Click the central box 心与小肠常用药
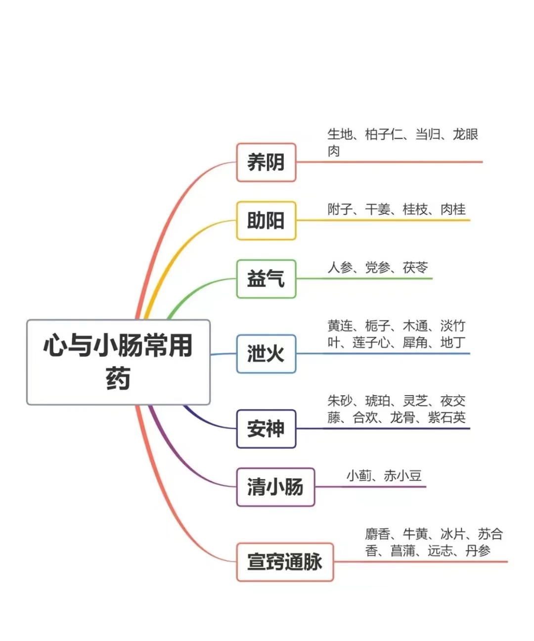point(118,362)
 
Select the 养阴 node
point(266,162)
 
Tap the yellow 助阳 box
point(266,221)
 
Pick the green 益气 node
point(266,279)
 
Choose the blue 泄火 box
point(266,354)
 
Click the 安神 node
point(266,429)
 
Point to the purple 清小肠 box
point(275,487)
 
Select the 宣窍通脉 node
point(285,562)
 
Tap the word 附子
point(340,210)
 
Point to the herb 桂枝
point(415,210)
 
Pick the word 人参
point(340,268)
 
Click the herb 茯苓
point(415,268)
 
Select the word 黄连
point(340,326)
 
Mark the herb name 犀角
point(415,342)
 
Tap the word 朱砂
point(340,401)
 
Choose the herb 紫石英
point(446,417)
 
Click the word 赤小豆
point(402,476)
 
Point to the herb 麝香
point(378,534)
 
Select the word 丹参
point(478,550)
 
